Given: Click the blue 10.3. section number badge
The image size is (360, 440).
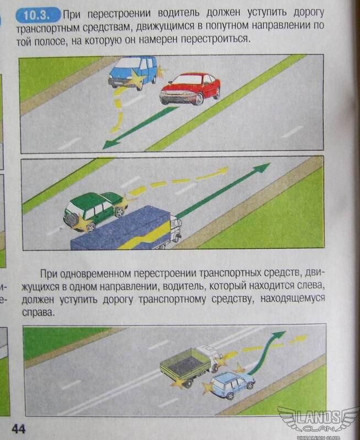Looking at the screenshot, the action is tap(38, 15).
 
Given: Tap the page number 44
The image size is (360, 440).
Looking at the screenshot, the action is tap(19, 429).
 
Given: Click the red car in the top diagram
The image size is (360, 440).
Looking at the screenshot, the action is tap(190, 89).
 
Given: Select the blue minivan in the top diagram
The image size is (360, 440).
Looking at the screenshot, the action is tap(133, 73).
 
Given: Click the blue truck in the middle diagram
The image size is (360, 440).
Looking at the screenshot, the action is tap(127, 229).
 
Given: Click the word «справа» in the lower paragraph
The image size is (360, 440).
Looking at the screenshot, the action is tap(37, 312).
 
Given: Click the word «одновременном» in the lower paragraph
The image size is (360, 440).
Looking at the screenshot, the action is tap(95, 274).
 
